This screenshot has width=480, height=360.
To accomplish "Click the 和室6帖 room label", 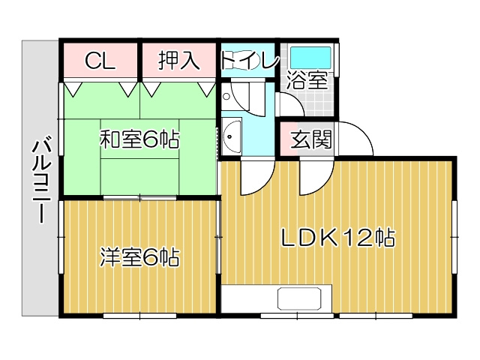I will click(139, 139).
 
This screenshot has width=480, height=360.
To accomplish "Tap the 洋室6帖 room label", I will click(139, 259).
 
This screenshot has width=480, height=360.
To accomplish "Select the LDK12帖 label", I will click(338, 239).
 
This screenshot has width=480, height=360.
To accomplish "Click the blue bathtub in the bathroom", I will click(310, 56).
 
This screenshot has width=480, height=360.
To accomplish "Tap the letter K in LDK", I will click(329, 239).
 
